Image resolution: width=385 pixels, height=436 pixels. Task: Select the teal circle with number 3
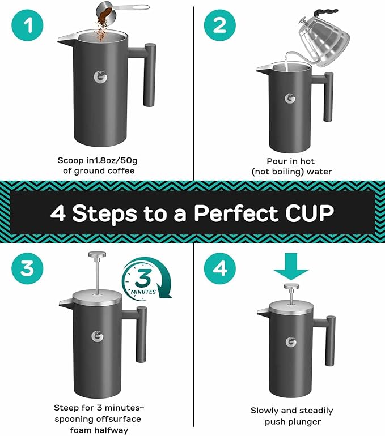click(27, 267)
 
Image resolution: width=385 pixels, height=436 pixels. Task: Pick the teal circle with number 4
click(219, 267)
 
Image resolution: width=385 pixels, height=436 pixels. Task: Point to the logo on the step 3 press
click(98, 336)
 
